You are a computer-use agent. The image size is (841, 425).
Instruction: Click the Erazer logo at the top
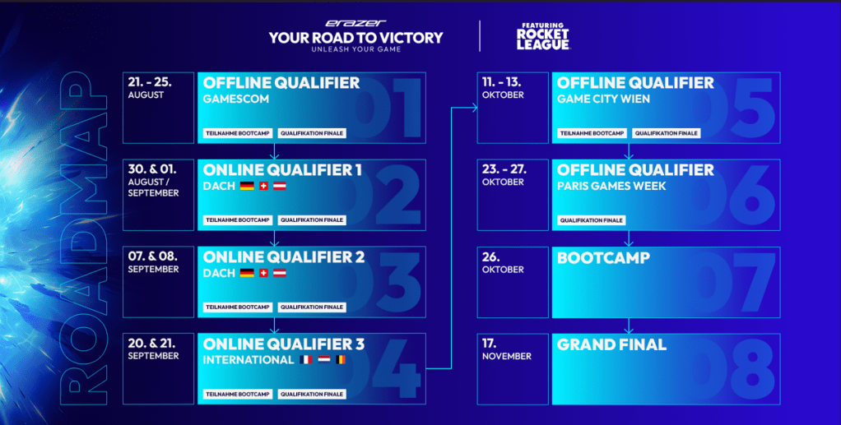coord(355,24)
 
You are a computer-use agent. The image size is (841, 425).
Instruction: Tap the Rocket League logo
coord(543,36)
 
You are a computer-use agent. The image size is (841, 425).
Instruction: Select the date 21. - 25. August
coord(150,88)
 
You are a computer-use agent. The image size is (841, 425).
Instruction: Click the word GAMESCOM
coord(235,99)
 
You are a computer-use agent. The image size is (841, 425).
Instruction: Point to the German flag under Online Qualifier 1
coord(247,186)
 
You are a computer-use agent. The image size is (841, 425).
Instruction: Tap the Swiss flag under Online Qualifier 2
coord(263,273)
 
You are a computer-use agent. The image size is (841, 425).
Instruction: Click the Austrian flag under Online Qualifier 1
coord(280,186)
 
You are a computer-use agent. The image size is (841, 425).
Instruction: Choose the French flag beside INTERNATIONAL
coord(306,359)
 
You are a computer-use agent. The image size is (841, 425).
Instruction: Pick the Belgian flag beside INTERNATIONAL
coord(340,359)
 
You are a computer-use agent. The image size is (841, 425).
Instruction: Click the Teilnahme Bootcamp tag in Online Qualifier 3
coord(238,394)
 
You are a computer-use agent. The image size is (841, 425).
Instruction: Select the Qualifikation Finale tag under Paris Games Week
coord(591,220)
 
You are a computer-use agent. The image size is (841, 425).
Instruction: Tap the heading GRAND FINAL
coord(611,344)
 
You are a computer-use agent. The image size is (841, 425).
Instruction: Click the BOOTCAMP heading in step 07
coord(603,258)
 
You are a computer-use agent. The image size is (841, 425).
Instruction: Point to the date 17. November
coord(506,349)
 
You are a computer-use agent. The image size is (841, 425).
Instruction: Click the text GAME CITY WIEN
coord(603,99)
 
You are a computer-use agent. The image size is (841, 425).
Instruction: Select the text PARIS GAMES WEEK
coord(611,186)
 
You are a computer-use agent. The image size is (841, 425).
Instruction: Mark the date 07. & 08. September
coord(153,262)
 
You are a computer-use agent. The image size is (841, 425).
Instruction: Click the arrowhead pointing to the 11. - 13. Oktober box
coord(474,108)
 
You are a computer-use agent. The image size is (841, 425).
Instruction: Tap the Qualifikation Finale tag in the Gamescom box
coord(312,133)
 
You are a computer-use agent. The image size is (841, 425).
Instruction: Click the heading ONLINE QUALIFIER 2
coord(284,257)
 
